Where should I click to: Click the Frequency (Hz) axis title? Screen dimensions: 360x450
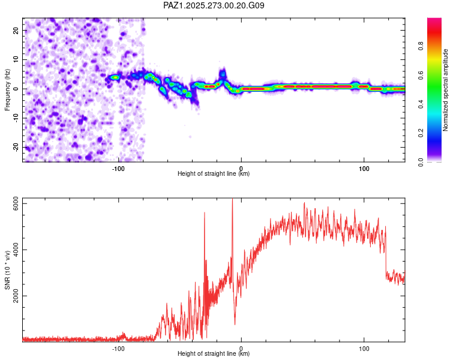point(8,89)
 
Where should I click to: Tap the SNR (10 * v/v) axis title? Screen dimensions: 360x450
point(8,270)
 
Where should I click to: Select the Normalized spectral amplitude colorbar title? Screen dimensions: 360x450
point(445,89)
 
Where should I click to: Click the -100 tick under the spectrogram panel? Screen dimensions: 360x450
point(119,168)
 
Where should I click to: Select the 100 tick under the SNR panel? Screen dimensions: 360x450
point(364,348)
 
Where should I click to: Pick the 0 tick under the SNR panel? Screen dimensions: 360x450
point(241,348)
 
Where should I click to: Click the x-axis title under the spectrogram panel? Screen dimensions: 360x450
point(214,174)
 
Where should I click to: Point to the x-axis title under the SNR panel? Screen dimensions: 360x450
point(214,354)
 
